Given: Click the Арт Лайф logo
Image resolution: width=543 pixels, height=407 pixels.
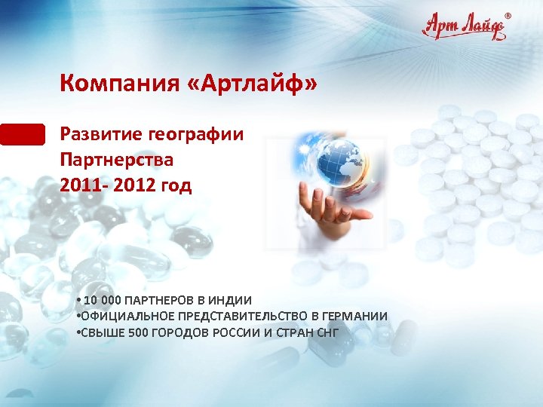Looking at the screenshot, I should point(464,27).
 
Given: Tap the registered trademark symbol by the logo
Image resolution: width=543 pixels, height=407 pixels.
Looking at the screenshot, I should point(507,16).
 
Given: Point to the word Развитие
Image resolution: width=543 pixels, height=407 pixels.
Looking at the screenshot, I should point(102,135).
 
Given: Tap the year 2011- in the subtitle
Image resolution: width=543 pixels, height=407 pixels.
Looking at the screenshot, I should point(85,185).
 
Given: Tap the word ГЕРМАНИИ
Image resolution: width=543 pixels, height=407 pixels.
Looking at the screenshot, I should point(355,316).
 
